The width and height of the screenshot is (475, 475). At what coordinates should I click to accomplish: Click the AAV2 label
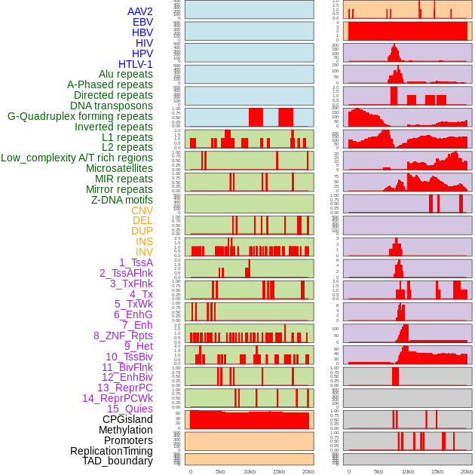[x=139, y=11]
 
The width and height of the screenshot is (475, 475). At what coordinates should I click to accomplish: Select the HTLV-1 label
[x=135, y=64]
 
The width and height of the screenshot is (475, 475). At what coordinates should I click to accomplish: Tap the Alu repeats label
[x=125, y=74]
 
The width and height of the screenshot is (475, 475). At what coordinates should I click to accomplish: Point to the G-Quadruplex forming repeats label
[x=80, y=116]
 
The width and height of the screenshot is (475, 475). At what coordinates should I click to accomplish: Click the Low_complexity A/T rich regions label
[x=77, y=158]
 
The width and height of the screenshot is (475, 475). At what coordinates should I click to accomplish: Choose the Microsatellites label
[x=119, y=168]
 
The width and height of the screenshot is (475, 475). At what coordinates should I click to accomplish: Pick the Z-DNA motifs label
[x=121, y=200]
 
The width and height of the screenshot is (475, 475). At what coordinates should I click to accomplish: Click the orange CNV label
[x=142, y=210]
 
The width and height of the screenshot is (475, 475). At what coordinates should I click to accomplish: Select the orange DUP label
[x=142, y=231]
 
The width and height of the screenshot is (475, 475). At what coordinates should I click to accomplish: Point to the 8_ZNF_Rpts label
[x=123, y=336]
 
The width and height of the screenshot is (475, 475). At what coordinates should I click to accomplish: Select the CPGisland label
[x=127, y=419]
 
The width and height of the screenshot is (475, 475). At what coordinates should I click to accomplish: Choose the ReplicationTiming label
[x=112, y=451]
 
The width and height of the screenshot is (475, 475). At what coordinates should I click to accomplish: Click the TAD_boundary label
[x=118, y=461]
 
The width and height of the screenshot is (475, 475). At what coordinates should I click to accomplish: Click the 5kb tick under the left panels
[x=220, y=471]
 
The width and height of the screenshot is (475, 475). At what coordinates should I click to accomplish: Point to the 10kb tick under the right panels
[x=408, y=471]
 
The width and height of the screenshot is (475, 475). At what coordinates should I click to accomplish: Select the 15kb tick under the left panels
[x=279, y=471]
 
